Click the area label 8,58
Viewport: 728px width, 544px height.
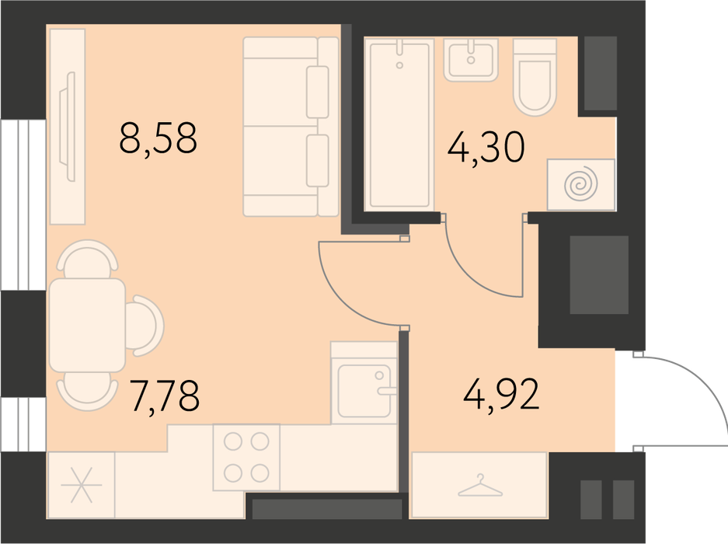(x=158, y=138)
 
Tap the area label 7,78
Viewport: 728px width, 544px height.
(x=165, y=396)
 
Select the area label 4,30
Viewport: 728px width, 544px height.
(x=486, y=147)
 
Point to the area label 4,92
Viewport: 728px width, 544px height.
(x=501, y=394)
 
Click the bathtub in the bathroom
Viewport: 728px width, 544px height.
(x=399, y=124)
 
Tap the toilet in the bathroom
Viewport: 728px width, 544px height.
(x=535, y=77)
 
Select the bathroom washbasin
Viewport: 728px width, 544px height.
(x=471, y=60)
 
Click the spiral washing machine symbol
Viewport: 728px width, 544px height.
(x=581, y=184)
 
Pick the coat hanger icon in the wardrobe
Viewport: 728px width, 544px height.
(x=480, y=486)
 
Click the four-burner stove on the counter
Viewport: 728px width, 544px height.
(x=246, y=458)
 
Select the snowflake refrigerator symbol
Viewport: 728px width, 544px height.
(x=82, y=485)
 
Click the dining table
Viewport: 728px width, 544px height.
(x=87, y=325)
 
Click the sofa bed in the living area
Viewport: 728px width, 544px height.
(x=291, y=127)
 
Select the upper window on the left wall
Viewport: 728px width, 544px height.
(x=23, y=205)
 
